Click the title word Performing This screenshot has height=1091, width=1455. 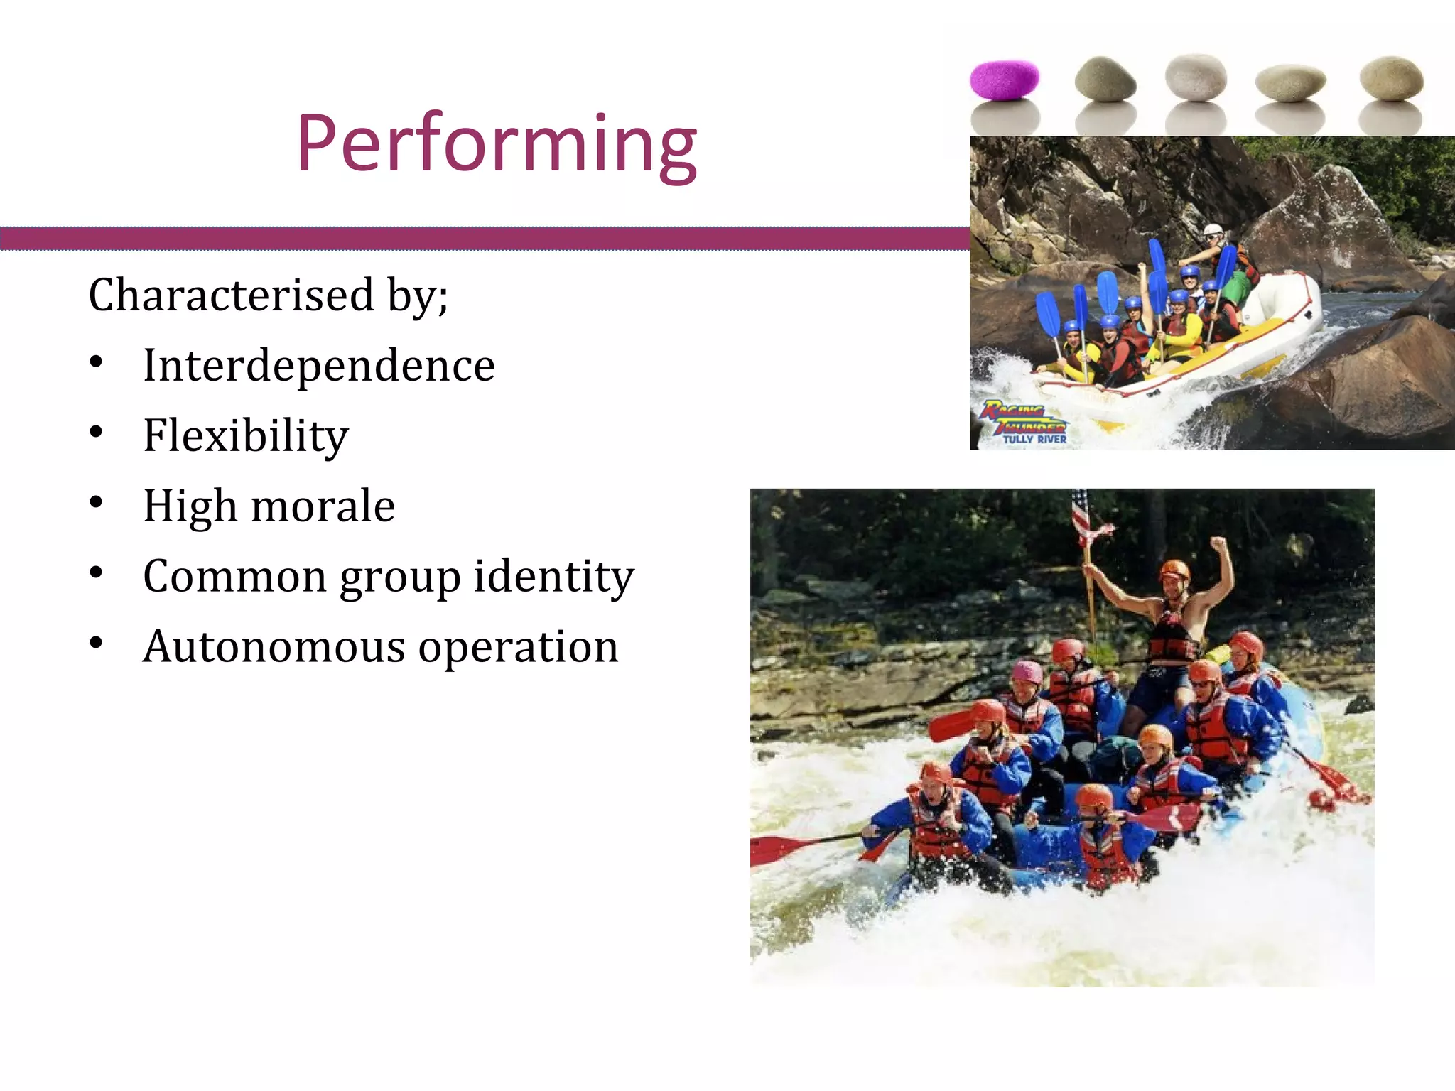pos(497,144)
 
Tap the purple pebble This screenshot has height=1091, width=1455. pos(1004,80)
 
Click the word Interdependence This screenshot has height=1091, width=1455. pos(318,366)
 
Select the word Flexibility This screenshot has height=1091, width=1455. pos(245,435)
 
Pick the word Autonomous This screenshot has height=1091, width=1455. pos(273,647)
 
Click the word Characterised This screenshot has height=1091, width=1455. pos(231,295)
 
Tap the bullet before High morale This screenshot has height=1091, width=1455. pos(97,503)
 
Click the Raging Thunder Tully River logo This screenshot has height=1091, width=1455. pos(1025,423)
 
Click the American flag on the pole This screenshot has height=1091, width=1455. pos(1082,513)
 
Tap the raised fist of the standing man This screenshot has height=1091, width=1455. pos(1218,545)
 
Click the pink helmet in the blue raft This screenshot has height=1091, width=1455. pos(1027,672)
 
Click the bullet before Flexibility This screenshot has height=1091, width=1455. pos(97,433)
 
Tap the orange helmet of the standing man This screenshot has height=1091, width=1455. pos(1174,570)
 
